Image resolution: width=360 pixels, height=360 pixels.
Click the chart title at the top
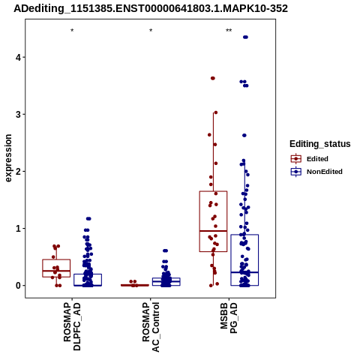pyautogui.click(x=151, y=8)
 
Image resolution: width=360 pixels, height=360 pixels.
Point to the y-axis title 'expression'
pyautogui.click(x=8, y=158)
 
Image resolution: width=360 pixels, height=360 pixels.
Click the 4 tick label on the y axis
pyautogui.click(x=18, y=58)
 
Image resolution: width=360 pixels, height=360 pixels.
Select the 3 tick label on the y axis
pyautogui.click(x=18, y=115)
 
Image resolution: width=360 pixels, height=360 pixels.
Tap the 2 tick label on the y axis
pyautogui.click(x=18, y=172)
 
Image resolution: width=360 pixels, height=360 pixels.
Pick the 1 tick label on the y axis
pyautogui.click(x=18, y=229)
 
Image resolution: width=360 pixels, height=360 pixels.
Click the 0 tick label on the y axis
pyautogui.click(x=18, y=286)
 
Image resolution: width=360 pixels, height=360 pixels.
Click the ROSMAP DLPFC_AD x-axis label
pyautogui.click(x=72, y=326)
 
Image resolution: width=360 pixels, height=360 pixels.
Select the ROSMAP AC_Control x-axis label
pyautogui.click(x=151, y=327)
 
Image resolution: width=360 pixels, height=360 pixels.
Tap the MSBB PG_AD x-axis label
pyautogui.click(x=229, y=318)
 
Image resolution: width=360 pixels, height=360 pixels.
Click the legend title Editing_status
pyautogui.click(x=320, y=144)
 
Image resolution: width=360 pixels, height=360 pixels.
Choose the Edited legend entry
pyautogui.click(x=309, y=159)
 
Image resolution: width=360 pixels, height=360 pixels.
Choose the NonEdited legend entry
pyautogui.click(x=316, y=172)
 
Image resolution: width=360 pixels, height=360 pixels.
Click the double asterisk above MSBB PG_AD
pyautogui.click(x=229, y=31)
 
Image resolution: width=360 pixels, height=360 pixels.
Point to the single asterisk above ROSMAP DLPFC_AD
pyautogui.click(x=72, y=31)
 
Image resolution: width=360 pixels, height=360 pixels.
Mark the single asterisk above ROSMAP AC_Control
pyautogui.click(x=151, y=31)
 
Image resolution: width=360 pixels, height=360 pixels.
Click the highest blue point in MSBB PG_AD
pyautogui.click(x=245, y=37)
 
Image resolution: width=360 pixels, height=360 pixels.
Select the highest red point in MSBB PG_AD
pyautogui.click(x=213, y=78)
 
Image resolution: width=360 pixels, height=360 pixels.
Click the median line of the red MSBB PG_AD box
pyautogui.click(x=213, y=231)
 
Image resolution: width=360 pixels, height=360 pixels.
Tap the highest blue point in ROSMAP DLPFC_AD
pyautogui.click(x=88, y=219)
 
